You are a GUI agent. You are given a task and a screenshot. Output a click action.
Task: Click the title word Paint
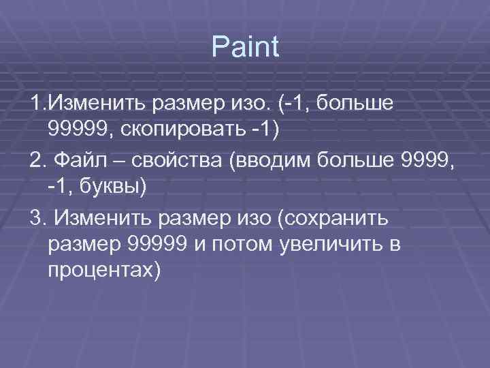(245, 47)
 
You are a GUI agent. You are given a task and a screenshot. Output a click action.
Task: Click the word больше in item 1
(361, 104)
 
